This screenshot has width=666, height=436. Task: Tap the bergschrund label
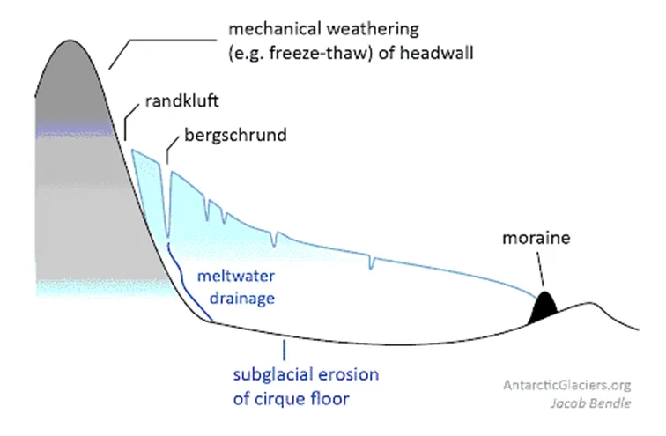click(x=235, y=137)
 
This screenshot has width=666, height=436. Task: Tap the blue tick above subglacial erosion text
click(x=284, y=349)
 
